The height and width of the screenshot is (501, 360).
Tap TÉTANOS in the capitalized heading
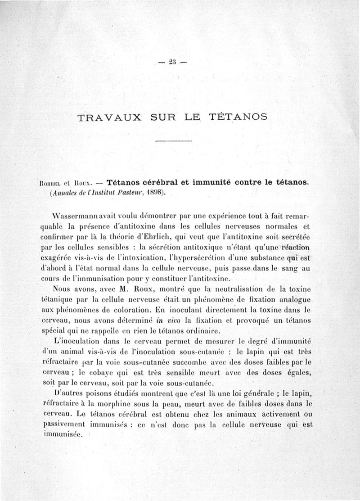click(238, 117)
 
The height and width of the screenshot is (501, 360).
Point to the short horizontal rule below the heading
click(174, 142)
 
